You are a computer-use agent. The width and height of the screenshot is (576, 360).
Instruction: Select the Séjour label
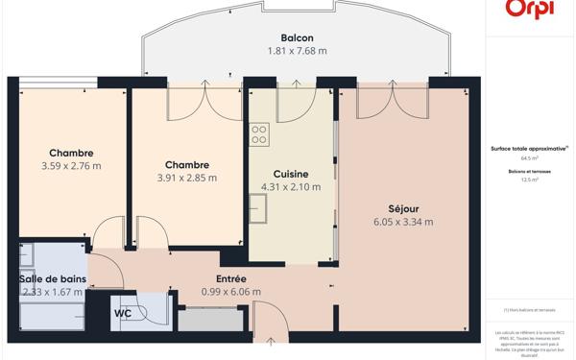click(403, 208)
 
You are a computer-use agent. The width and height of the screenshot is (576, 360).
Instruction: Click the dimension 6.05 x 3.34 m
click(403, 222)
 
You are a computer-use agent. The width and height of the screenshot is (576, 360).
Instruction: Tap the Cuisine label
click(291, 174)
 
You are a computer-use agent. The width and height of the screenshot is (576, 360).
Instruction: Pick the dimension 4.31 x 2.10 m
click(291, 187)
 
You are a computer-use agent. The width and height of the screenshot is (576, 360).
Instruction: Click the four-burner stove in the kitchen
click(259, 134)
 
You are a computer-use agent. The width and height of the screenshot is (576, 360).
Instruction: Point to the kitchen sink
click(258, 206)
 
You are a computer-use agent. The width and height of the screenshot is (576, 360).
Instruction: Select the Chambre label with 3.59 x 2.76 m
click(71, 153)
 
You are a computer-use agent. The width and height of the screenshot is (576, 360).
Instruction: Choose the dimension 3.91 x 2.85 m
click(186, 178)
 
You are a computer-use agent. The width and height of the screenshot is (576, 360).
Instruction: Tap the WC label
click(123, 313)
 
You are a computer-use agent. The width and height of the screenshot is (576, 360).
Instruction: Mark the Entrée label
click(230, 278)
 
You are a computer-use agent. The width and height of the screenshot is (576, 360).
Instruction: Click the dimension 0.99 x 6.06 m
click(230, 292)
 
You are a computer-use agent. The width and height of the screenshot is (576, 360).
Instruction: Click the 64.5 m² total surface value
click(530, 158)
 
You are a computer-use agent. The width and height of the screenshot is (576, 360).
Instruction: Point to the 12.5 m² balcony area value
click(530, 180)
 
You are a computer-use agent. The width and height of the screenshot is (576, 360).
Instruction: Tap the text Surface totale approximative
click(529, 149)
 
